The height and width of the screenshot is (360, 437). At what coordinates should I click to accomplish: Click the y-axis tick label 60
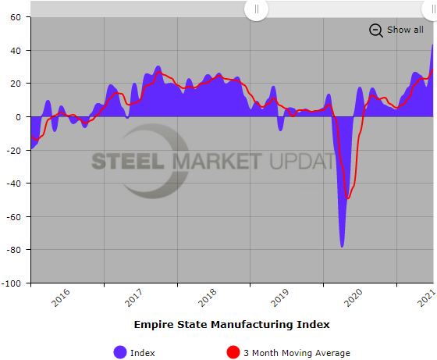pos(16,17)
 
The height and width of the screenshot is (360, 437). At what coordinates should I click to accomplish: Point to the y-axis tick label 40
pos(16,51)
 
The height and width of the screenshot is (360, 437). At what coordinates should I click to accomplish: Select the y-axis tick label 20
pos(16,84)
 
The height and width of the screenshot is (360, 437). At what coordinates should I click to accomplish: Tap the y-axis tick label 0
pos(19,117)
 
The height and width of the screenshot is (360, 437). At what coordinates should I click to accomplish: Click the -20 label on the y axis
pos(13,150)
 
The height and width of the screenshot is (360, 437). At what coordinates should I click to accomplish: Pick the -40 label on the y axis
pos(13,184)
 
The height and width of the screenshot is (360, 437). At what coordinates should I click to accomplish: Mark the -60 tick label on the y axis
pos(13,216)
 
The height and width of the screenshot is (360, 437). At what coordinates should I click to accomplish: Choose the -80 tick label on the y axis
pos(13,250)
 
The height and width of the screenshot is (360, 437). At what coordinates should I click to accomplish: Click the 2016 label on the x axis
pos(61,298)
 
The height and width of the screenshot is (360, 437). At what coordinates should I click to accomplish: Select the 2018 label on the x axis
pos(207,298)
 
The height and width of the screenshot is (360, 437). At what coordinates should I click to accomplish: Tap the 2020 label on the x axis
pos(354,298)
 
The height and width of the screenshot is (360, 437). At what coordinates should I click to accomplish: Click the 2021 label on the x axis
pos(426,298)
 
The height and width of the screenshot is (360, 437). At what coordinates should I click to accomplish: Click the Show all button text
pos(405,30)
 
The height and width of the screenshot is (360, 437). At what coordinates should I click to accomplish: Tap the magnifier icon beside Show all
pos(375,30)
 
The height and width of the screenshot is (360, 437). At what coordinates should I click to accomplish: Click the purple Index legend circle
pos(120,352)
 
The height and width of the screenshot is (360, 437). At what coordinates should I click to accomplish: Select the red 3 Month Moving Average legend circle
pos(233,352)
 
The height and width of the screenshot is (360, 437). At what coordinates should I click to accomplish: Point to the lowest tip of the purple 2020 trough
pos(342,247)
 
